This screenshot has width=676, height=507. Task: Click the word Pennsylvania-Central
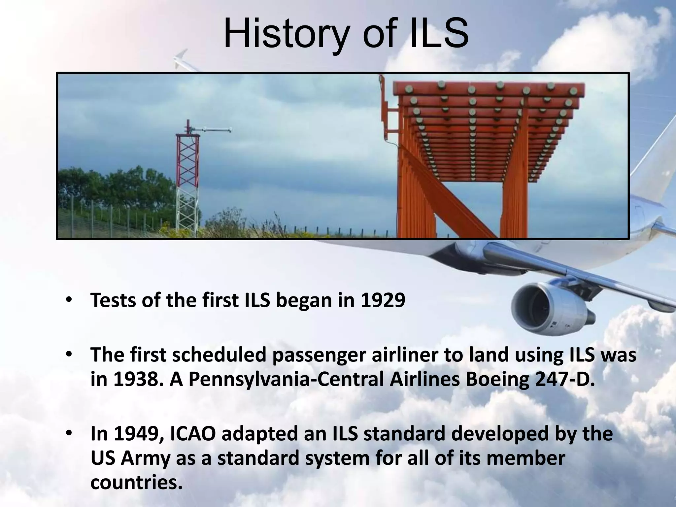tap(286, 380)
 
